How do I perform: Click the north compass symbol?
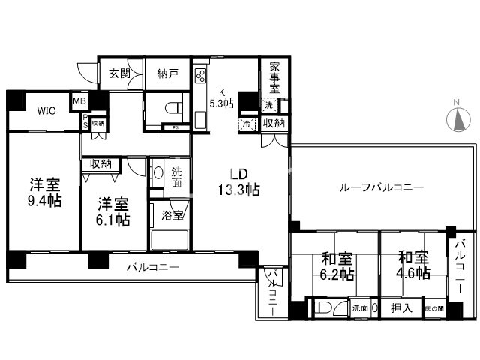(457, 119)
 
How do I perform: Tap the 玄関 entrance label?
(118, 73)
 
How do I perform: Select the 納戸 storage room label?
(166, 73)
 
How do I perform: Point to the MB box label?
(79, 100)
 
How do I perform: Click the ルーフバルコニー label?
(372, 187)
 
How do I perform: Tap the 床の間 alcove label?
(433, 308)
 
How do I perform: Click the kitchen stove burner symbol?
(200, 75)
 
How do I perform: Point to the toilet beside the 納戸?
(172, 108)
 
